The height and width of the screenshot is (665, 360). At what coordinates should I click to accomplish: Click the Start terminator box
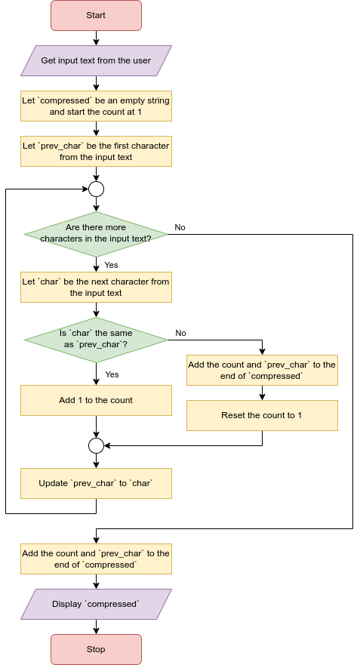pos(96,15)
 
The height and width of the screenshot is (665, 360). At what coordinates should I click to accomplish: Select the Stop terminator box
pos(96,649)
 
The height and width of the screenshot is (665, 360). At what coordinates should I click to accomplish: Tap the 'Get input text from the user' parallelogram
pos(96,60)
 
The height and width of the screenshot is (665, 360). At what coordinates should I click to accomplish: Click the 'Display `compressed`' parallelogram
pos(96,604)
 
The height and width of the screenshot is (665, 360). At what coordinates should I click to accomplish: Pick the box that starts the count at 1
pos(96,106)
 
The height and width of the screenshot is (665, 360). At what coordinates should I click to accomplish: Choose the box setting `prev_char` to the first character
pos(96,151)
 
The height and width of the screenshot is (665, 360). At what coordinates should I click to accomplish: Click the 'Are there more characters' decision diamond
pos(96,232)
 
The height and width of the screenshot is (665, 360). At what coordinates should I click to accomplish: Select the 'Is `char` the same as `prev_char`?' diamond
pos(96,338)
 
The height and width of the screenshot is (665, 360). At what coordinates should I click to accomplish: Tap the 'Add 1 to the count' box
pos(96,400)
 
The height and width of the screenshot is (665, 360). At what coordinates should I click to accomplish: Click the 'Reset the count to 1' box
pos(262,415)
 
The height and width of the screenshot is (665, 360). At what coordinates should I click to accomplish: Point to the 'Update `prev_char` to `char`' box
pos(96,483)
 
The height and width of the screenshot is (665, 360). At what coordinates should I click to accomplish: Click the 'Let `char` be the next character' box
pos(96,287)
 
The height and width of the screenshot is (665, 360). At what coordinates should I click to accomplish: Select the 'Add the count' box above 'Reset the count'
pos(262,370)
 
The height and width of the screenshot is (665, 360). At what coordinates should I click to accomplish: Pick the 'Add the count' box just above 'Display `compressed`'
pos(96,559)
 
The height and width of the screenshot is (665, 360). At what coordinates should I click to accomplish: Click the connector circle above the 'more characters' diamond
pos(96,189)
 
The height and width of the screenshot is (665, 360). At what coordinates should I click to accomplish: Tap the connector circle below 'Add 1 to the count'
pos(96,445)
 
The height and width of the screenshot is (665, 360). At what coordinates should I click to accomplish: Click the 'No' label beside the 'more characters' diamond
pos(180,227)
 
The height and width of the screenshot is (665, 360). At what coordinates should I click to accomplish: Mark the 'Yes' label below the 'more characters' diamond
pos(111,265)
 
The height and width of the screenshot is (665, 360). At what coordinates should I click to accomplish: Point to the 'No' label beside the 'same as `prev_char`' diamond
pos(181,333)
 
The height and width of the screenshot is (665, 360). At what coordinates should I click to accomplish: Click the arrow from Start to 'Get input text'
pos(96,38)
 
